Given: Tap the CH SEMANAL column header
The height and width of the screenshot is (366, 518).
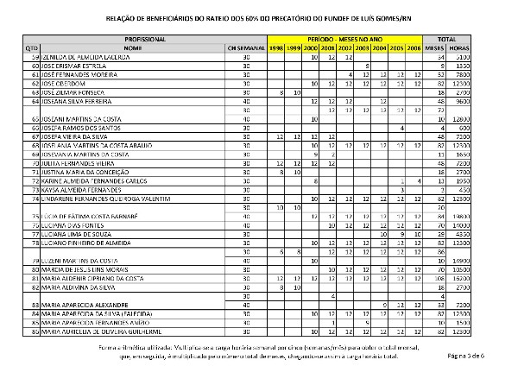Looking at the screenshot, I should tap(244, 47).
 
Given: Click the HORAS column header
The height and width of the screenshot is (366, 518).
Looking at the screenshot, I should tap(484, 47).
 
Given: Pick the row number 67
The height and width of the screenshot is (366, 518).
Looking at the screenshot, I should tap(60, 136).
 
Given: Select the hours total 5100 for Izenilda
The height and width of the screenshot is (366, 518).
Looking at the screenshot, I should tap(484, 56).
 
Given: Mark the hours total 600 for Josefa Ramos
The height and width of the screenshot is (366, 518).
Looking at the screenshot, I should tap(487, 127).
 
